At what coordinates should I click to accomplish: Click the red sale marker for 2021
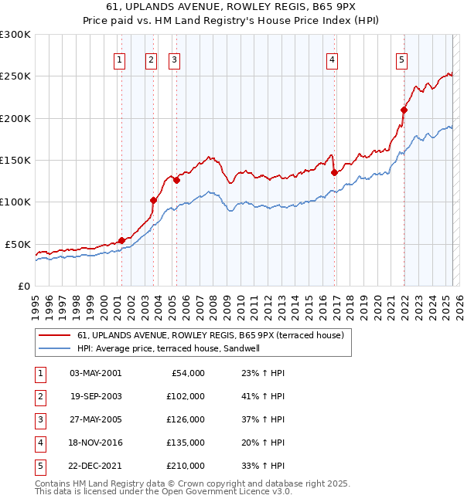tap(404, 110)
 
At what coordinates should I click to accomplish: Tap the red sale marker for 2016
tap(334, 172)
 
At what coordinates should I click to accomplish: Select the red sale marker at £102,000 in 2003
tap(153, 201)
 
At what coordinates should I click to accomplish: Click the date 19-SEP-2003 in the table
tap(96, 396)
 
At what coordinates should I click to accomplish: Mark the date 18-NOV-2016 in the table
tap(96, 443)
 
